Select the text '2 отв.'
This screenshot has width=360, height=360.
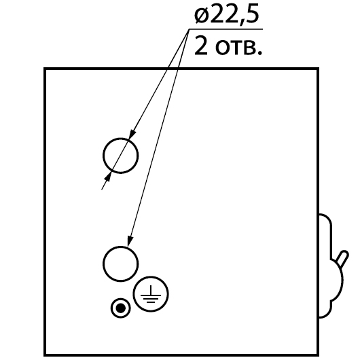[x=228, y=46]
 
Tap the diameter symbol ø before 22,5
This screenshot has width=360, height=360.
[x=202, y=16]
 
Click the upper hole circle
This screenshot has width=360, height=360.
[x=103, y=156]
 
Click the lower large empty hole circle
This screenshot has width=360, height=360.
[x=103, y=264]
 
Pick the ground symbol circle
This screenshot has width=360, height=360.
[x=133, y=294]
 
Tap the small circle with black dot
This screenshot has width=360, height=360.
[x=111, y=308]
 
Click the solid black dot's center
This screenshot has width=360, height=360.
[x=121, y=308]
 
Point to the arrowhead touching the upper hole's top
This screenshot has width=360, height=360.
[x=132, y=134]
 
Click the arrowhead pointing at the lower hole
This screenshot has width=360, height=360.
[x=130, y=242]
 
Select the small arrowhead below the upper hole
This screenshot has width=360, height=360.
[x=108, y=177]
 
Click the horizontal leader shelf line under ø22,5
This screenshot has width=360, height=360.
[x=226, y=29]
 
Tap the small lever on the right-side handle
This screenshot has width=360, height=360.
[x=342, y=259]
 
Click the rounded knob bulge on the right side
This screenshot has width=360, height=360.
[x=342, y=280]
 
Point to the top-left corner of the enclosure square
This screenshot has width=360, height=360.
[x=45, y=69]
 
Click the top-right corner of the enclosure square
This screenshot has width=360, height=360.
[x=318, y=69]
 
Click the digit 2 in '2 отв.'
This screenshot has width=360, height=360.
[x=201, y=46]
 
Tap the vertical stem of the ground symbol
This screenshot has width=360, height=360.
[x=151, y=290]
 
